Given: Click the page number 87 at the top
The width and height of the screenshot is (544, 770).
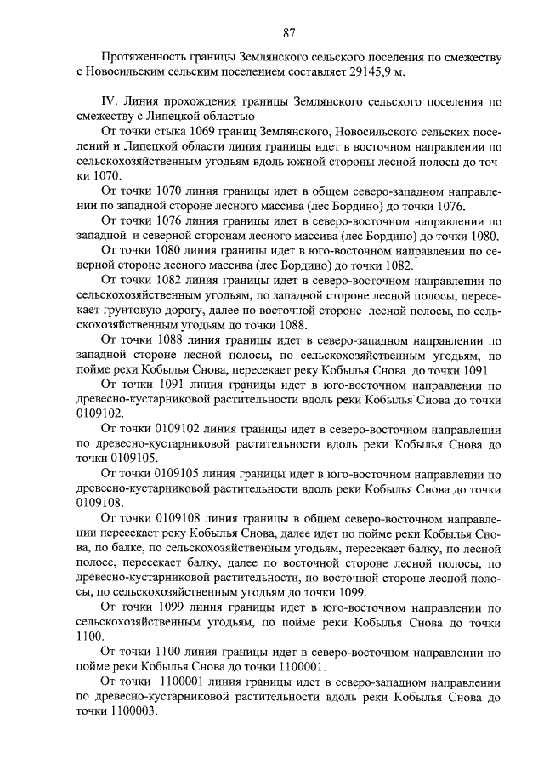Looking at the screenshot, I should [288, 33].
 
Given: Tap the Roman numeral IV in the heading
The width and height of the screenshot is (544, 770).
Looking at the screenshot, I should [108, 101].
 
